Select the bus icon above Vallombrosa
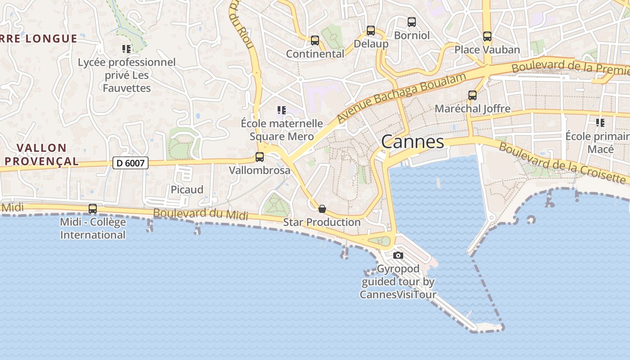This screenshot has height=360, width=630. pos(260,157)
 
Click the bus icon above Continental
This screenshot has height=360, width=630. pos(315,40)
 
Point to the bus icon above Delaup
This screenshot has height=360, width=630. pos(371,31)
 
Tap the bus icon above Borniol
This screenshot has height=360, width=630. pos(412,22)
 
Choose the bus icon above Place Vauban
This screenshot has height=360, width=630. pos(487,36)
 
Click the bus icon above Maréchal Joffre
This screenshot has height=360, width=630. pos(472,95)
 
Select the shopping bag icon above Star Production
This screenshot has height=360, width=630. pos(322,209)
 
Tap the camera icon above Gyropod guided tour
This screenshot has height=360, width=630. pos(398,256)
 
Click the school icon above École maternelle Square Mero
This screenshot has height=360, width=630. pos(282,110)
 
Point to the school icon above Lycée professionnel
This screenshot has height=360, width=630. pos(126,49)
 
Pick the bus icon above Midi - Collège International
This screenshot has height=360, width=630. pos(93,209)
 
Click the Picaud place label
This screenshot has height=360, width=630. pos(187,189)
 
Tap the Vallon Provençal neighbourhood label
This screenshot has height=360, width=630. pos(41,154)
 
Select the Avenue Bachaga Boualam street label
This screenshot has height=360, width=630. pos(401,97)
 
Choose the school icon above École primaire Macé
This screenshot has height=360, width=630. pos(600,122)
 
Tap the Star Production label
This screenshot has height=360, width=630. pos(322,222)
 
